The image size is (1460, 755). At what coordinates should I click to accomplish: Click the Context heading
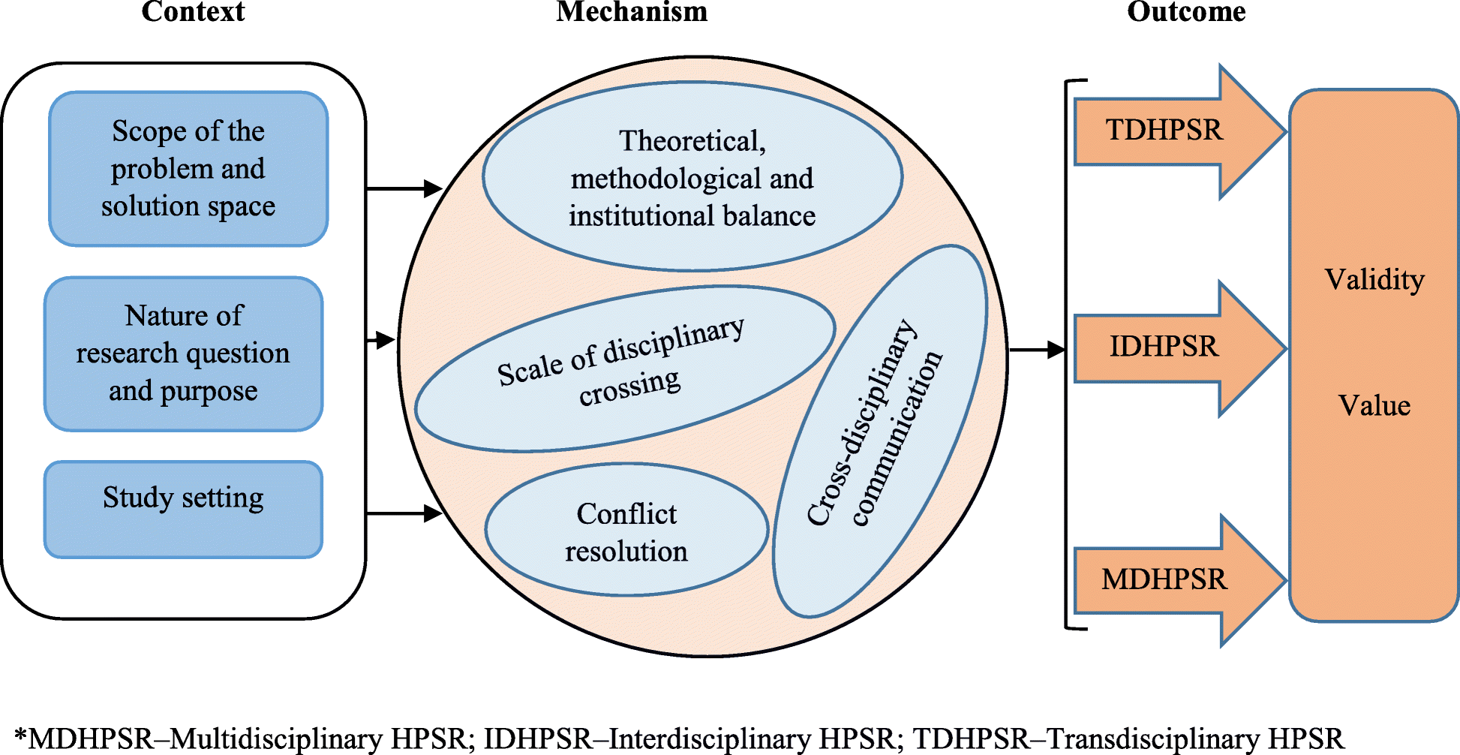point(193,11)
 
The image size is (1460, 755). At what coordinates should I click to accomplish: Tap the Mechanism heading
point(632,11)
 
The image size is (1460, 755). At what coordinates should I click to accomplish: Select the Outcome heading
point(1186,11)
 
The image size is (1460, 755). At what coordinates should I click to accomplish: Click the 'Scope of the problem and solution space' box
point(188,169)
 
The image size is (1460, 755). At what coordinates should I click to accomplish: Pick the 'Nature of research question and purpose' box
point(183,353)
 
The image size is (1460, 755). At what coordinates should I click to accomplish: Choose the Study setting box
point(183,510)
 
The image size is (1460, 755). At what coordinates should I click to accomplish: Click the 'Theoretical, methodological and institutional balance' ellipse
point(692,177)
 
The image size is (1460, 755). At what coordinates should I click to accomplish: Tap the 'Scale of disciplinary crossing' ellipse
point(624,368)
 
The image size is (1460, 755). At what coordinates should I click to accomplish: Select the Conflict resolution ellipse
point(626,531)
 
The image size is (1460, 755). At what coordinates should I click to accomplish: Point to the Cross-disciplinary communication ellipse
point(880,432)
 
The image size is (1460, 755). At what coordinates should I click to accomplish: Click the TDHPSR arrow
point(1170,131)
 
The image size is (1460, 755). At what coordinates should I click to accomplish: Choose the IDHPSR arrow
point(1170,347)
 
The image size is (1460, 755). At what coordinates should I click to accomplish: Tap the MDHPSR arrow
point(1170,580)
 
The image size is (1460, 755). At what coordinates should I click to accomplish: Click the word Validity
point(1374,280)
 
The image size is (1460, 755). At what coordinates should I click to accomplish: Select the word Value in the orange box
point(1374,406)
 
